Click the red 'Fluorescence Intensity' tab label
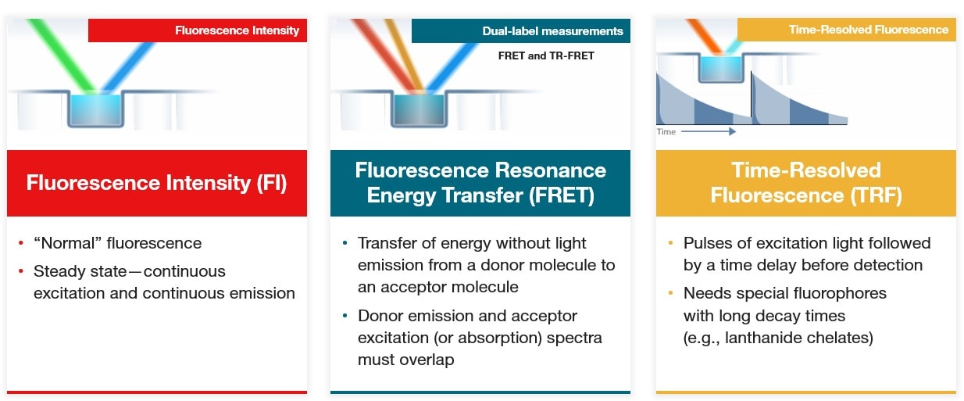pyautogui.click(x=237, y=30)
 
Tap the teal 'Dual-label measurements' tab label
pyautogui.click(x=552, y=31)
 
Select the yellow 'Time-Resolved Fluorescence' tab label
pyautogui.click(x=868, y=30)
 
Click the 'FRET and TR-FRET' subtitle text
pyautogui.click(x=546, y=56)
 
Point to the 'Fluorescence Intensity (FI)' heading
pyautogui.click(x=156, y=183)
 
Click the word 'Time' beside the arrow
pyautogui.click(x=666, y=132)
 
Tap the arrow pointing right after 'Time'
pyautogui.click(x=709, y=132)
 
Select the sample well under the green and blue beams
pyautogui.click(x=95, y=109)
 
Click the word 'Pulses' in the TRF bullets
pyautogui.click(x=709, y=243)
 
